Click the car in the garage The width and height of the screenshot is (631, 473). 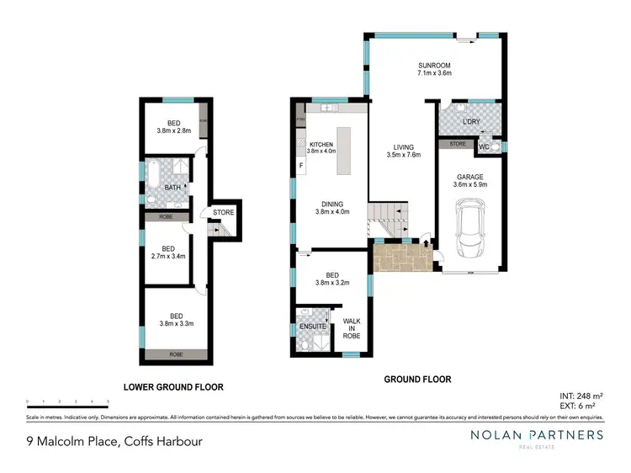[x=470, y=231]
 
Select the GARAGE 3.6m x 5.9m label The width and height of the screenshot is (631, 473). [x=470, y=178]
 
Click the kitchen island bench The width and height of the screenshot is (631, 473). [x=344, y=150]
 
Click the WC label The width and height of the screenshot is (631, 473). [x=484, y=147]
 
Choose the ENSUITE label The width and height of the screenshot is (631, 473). [x=313, y=326]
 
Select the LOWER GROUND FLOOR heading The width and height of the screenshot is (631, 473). [x=173, y=388]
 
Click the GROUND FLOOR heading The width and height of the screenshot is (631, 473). [x=417, y=380]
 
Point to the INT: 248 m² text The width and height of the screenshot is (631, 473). [x=580, y=395]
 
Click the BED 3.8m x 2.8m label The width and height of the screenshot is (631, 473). [x=174, y=126]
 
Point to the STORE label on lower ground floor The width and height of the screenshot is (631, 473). [x=223, y=212]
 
